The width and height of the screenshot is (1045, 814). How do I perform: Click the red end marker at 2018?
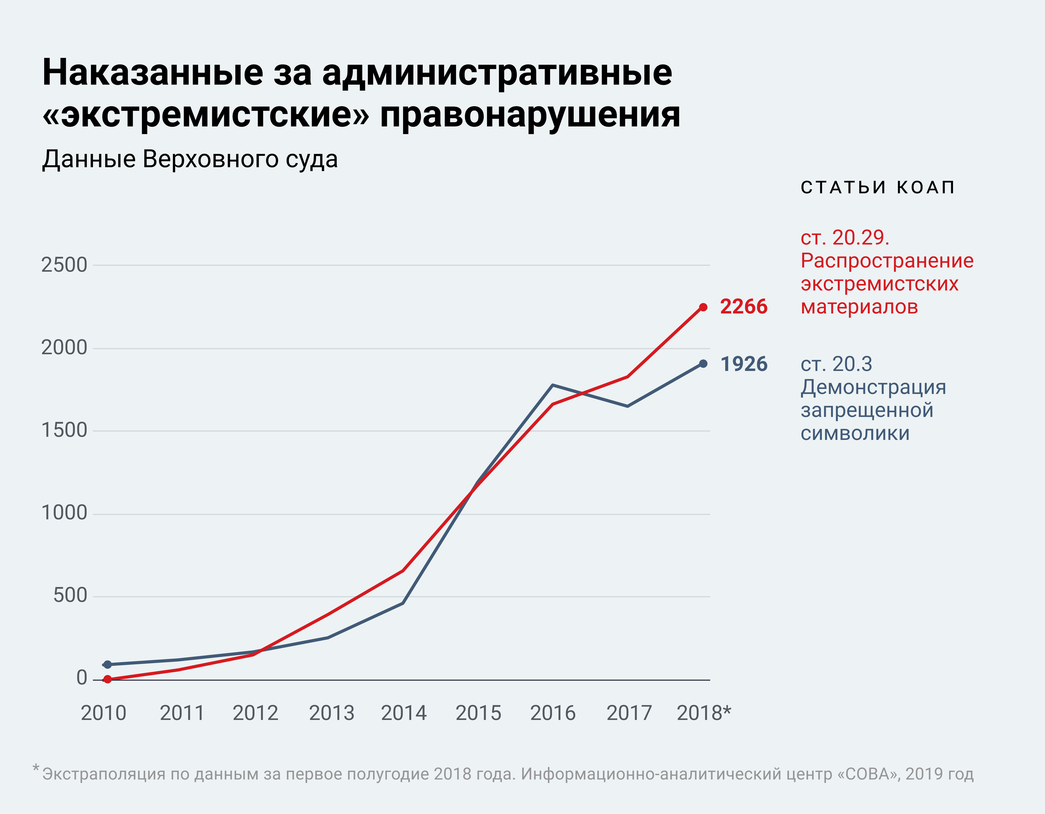click(x=703, y=307)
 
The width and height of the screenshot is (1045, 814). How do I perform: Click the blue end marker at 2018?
click(x=703, y=364)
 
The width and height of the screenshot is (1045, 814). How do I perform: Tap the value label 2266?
click(x=744, y=307)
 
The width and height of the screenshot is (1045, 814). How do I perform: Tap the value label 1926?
click(x=744, y=364)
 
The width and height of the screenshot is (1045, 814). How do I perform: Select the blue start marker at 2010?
click(x=108, y=665)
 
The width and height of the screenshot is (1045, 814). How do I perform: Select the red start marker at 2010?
click(x=108, y=679)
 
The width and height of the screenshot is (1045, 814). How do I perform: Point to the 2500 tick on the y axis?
click(x=64, y=265)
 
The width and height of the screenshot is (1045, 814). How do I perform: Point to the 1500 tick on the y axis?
click(x=64, y=430)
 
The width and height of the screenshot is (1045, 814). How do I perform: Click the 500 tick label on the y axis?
click(x=70, y=596)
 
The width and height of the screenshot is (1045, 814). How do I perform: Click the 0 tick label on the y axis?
click(x=82, y=678)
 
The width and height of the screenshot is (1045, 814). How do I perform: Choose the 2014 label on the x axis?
click(x=403, y=713)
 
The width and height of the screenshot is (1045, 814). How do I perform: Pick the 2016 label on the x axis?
click(x=553, y=713)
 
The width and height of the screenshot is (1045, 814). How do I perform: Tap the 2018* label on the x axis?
click(x=703, y=713)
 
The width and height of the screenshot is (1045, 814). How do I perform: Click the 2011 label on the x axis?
click(x=182, y=713)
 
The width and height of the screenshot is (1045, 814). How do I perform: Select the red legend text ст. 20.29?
click(x=845, y=238)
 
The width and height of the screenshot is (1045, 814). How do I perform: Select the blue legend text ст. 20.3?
click(x=836, y=364)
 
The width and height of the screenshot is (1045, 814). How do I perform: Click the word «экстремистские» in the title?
click(x=206, y=115)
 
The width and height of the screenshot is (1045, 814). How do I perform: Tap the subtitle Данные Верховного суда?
click(x=190, y=159)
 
